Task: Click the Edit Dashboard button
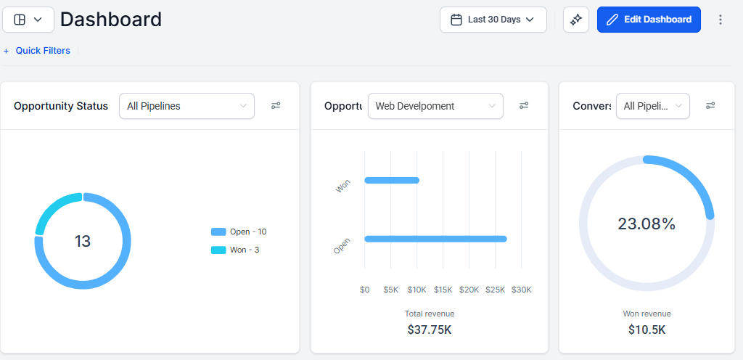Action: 649,20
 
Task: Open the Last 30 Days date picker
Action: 493,20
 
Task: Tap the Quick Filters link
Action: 37,51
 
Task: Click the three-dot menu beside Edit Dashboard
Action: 721,20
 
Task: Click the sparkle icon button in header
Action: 576,20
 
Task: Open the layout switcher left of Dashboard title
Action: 28,20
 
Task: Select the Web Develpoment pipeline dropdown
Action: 435,106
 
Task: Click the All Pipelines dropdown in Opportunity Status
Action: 186,106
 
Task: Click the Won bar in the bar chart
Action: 392,180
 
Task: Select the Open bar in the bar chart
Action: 435,239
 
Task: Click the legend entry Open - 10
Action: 239,232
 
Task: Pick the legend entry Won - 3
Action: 236,250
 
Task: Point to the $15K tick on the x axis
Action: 443,290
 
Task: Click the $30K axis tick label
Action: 522,290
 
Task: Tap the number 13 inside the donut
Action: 83,241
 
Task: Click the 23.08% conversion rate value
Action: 646,224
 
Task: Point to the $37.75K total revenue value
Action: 430,330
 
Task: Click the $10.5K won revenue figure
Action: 646,330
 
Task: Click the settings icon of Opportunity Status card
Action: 276,106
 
